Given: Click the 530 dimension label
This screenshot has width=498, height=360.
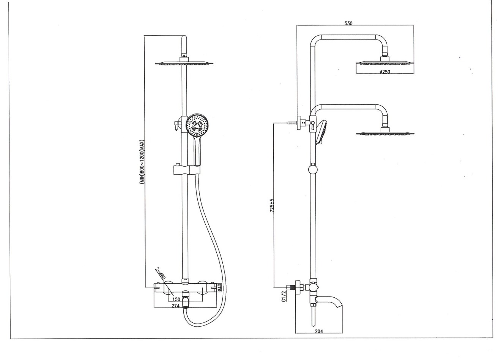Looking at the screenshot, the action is (x=348, y=23).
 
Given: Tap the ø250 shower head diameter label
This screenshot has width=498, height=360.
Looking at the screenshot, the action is (x=385, y=72).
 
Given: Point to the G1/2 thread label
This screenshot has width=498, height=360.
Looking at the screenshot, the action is (x=284, y=297).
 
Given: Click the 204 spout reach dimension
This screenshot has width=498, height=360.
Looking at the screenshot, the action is (x=319, y=331).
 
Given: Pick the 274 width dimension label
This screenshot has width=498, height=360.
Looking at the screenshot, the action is (x=175, y=306).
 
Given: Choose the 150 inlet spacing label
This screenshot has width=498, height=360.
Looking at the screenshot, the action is (x=176, y=299).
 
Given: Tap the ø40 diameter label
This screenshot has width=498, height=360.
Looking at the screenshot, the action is (x=219, y=287).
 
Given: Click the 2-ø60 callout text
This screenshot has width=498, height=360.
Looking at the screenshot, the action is (x=161, y=274).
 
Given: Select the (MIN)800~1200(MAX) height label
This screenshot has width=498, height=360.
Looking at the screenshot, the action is (x=142, y=162).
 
